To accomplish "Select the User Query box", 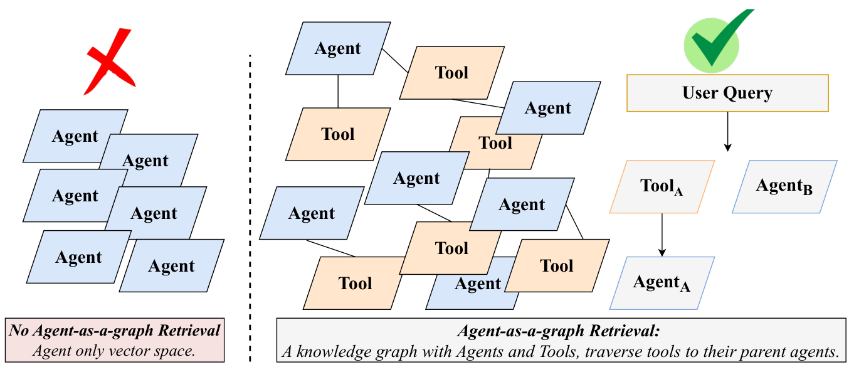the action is coord(727,93).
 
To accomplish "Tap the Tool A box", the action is coord(662,186).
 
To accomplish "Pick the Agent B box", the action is coord(784,186).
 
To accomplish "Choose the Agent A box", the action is coord(662,283).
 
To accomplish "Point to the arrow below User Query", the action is coord(727,132).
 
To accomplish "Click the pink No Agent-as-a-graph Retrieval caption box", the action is coord(115,340).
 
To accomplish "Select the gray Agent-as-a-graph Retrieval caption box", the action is coord(561,340).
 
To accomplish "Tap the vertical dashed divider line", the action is coord(250,208).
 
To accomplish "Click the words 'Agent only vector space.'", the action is coord(113,351).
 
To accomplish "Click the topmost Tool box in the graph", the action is coord(452,73).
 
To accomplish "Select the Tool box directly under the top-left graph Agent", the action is coord(338,134).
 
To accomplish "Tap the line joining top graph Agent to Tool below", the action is coord(338,92).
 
